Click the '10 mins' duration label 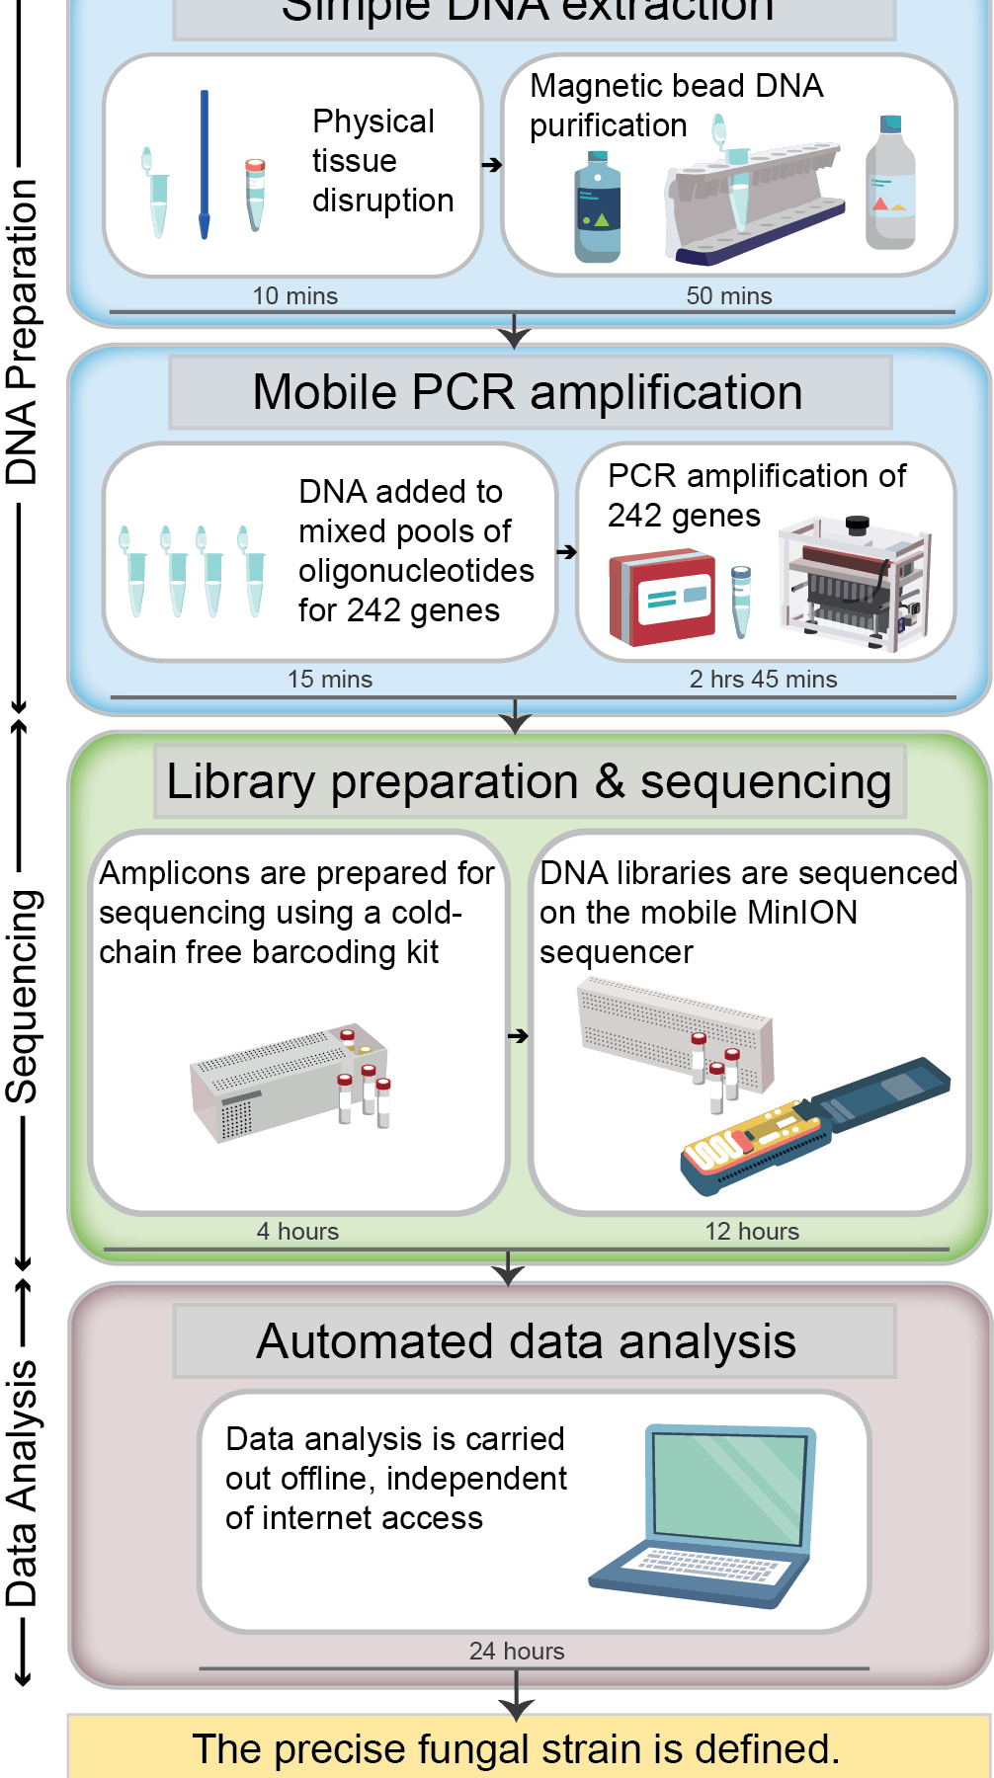[294, 295]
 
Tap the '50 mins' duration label [729, 295]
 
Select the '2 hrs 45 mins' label [763, 679]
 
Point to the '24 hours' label [517, 1651]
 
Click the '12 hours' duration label [752, 1231]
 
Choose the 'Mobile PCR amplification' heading [528, 392]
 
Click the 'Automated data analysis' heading [526, 1341]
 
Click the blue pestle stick [205, 164]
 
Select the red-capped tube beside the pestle [255, 194]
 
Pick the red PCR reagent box [661, 598]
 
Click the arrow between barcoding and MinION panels [518, 1035]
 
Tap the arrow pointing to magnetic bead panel [491, 165]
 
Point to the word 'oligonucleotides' [416, 571]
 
